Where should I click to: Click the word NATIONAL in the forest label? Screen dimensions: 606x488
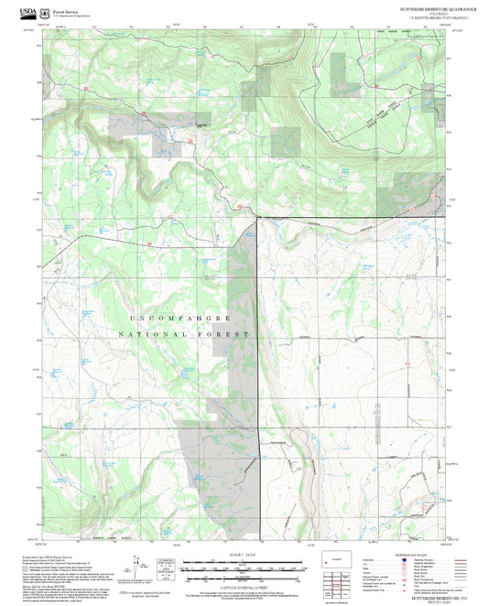pos(152,336)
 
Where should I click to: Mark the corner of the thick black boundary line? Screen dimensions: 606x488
pos(257,218)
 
